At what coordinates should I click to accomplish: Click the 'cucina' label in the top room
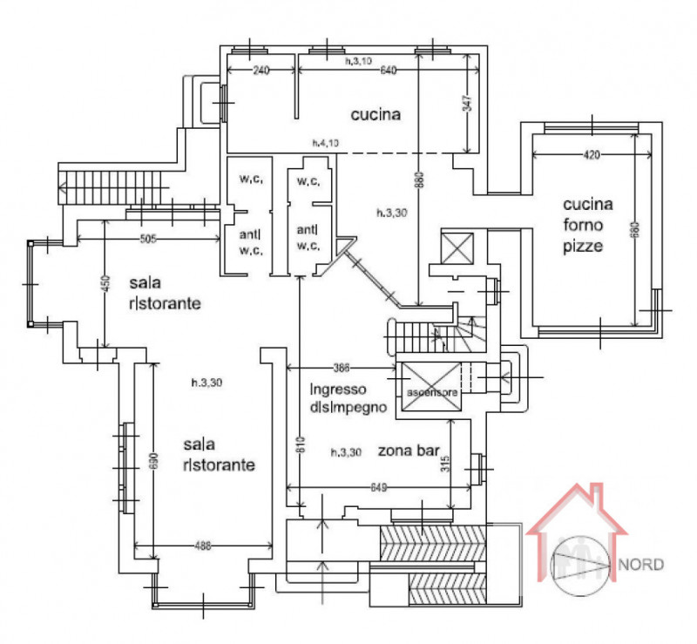click(376, 114)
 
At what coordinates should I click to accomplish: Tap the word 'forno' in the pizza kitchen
click(587, 226)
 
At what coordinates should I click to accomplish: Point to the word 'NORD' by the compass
click(641, 564)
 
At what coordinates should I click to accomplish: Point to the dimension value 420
click(591, 154)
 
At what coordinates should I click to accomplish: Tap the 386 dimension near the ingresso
click(346, 366)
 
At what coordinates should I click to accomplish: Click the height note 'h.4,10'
click(327, 142)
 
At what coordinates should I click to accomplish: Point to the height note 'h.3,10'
click(358, 61)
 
